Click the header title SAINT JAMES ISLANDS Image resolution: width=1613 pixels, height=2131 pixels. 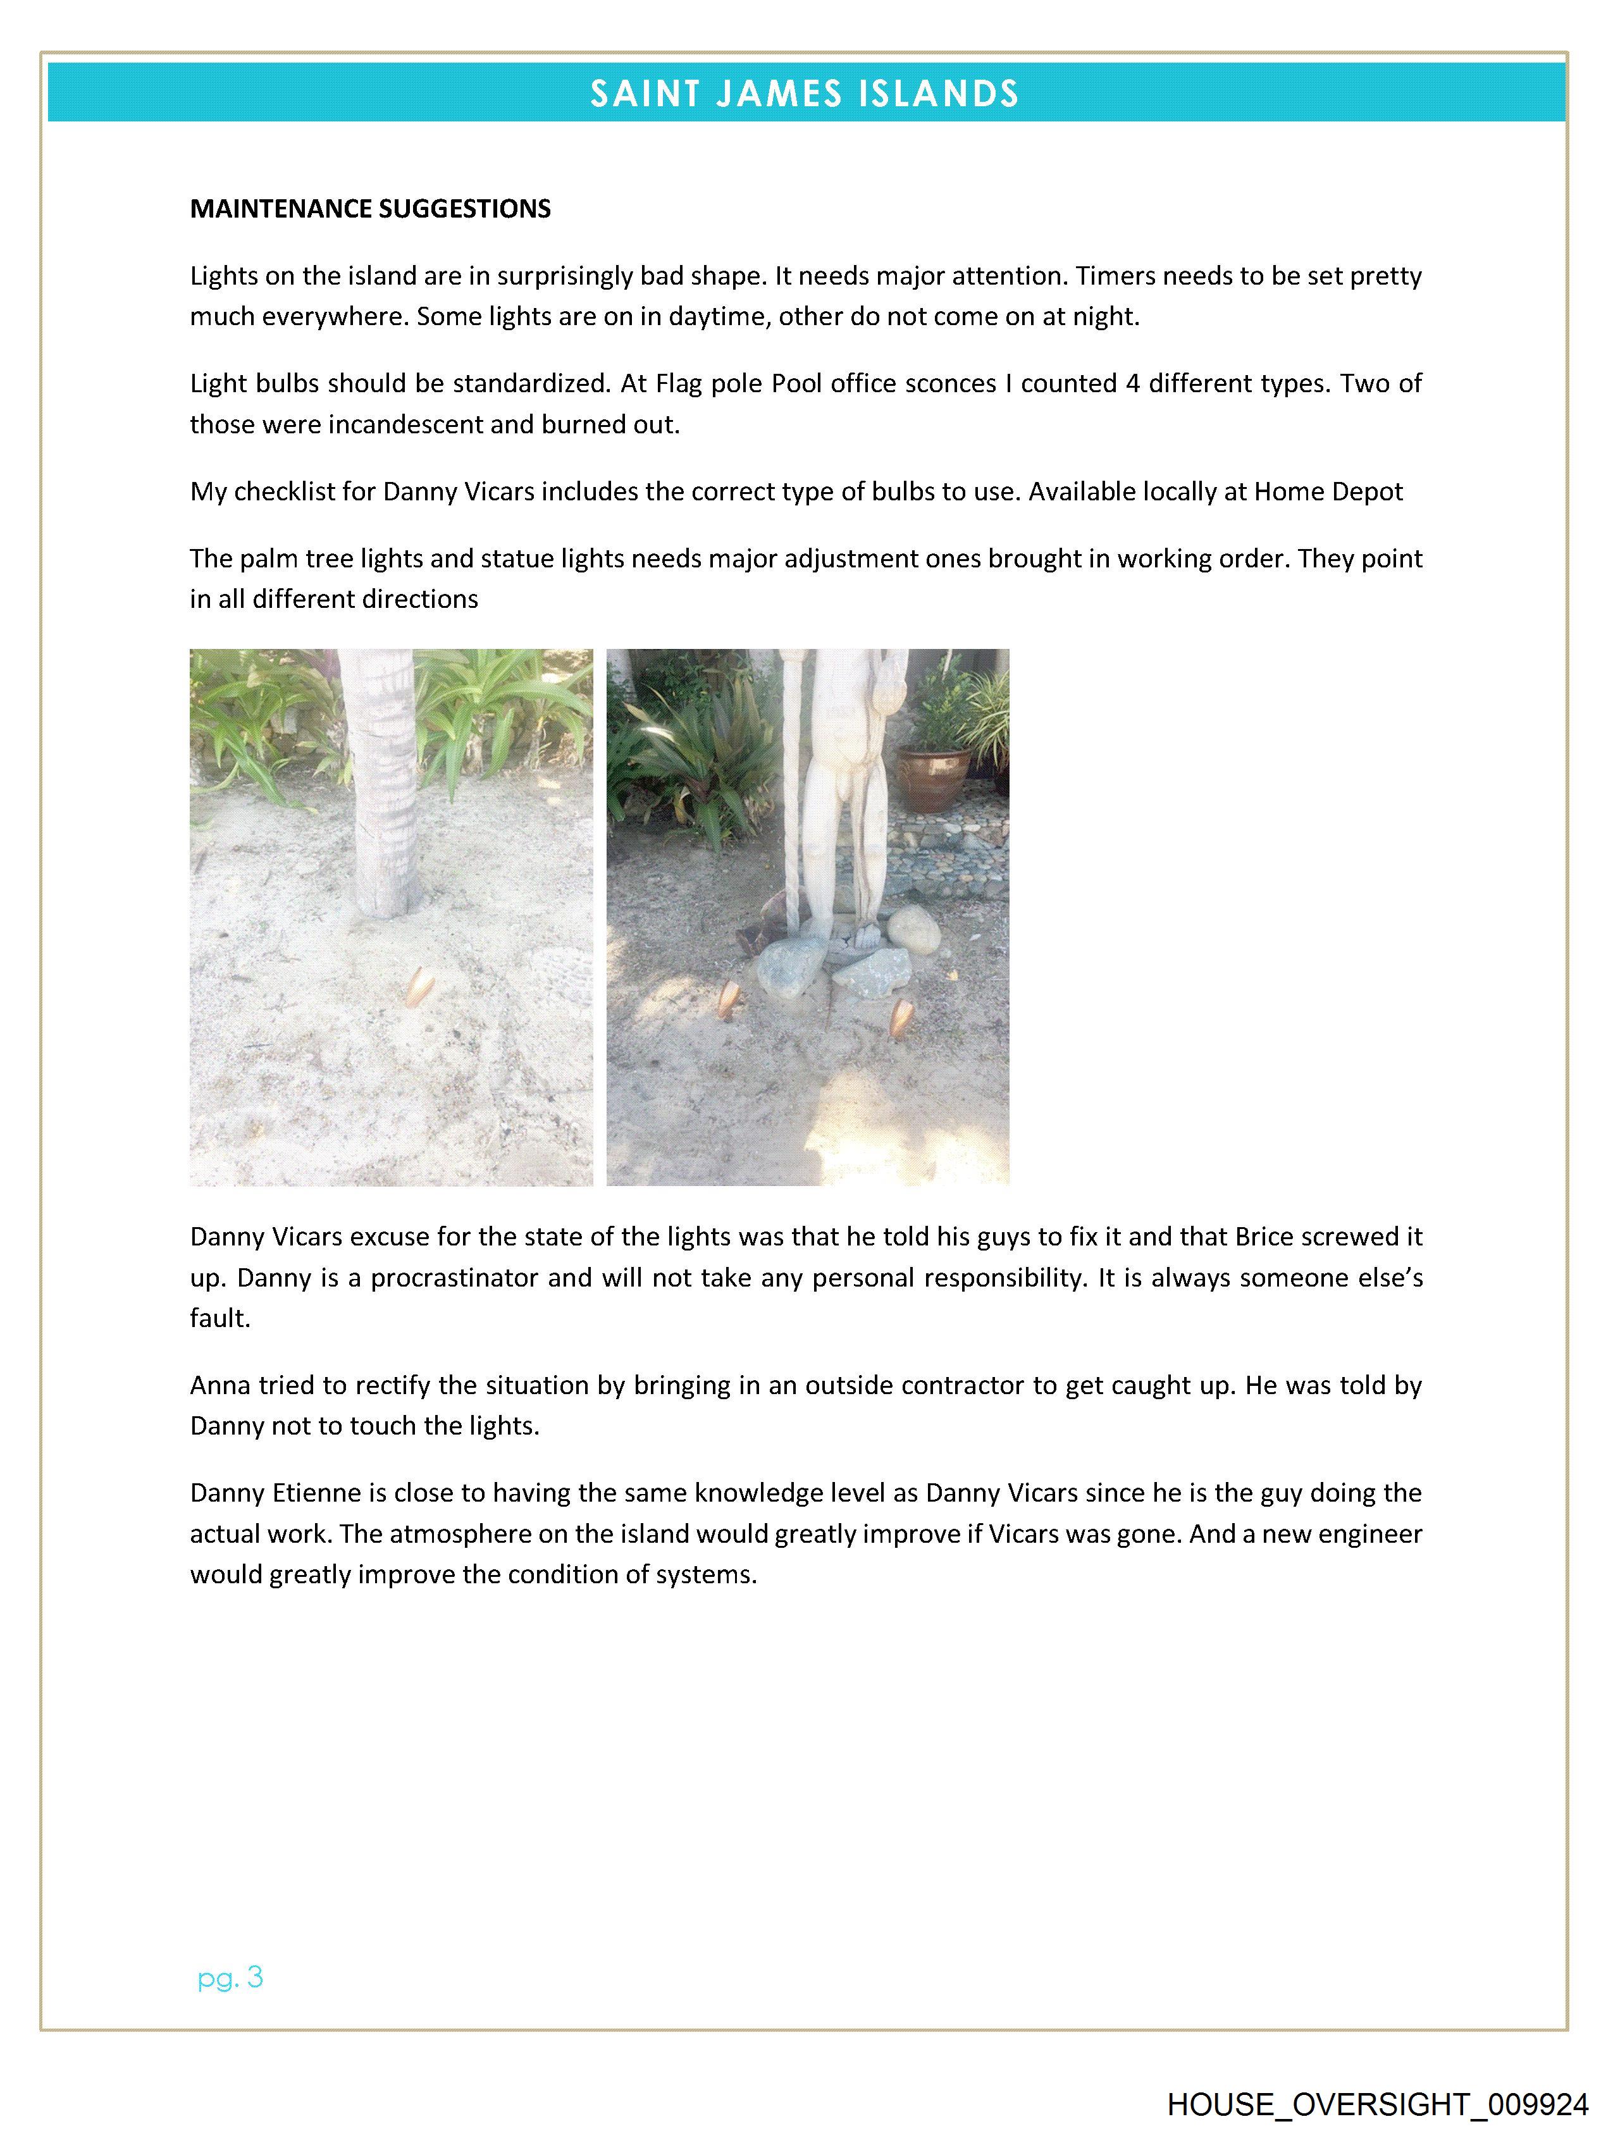[805, 94]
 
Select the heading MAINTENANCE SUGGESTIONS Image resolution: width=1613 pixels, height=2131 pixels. [370, 209]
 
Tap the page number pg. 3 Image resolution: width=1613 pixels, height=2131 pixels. [230, 1978]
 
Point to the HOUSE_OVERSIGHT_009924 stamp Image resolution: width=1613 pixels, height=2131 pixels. [1377, 2104]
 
